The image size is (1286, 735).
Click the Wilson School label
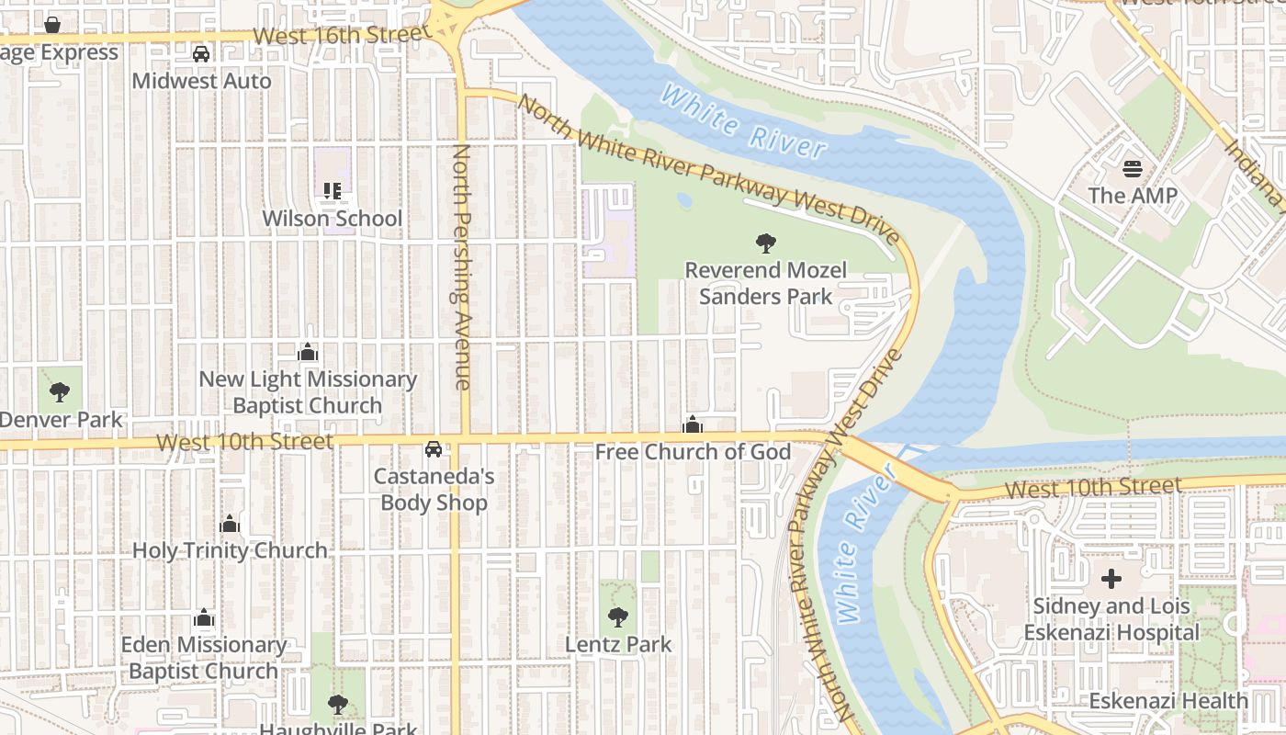coord(332,219)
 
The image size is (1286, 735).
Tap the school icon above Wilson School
coord(332,191)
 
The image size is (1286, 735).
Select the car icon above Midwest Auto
coord(201,54)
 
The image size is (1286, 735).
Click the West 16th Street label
coord(342,35)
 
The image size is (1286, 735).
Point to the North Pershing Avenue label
coord(461,266)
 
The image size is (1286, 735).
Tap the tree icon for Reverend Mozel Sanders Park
coord(765,243)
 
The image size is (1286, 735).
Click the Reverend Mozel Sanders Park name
coord(765,283)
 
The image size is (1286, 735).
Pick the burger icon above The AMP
coord(1132,169)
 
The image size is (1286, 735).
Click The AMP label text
coord(1132,196)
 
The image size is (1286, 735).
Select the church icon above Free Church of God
coord(693,424)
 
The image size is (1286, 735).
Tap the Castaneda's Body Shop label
coord(434,490)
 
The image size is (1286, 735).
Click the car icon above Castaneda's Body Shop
coord(433,449)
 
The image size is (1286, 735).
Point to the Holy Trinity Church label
coord(230,550)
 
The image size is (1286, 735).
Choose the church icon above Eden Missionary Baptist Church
coord(204,617)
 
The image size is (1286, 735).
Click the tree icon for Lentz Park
coord(618,617)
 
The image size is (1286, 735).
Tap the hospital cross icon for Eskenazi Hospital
coord(1111,579)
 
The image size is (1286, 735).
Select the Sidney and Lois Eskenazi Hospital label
coord(1111,619)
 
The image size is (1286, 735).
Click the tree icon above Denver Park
coord(60,392)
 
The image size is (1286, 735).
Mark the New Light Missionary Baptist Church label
coord(308,392)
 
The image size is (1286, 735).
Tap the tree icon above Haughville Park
coord(338,705)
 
